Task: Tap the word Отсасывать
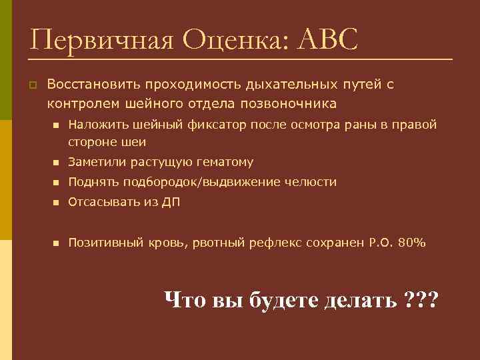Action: tap(104, 202)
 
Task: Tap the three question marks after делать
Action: tap(421, 300)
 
